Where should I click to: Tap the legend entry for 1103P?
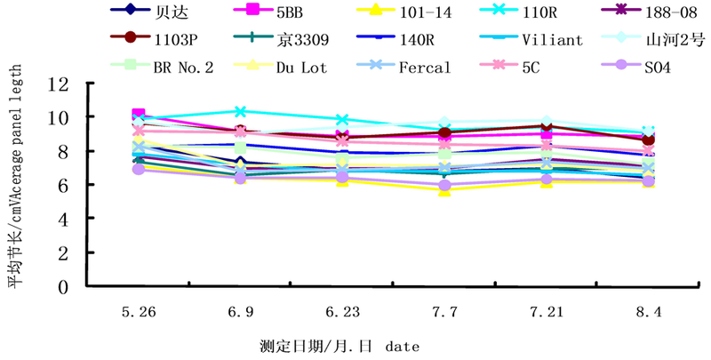[175, 39]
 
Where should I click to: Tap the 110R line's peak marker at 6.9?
[240, 111]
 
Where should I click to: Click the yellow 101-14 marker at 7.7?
[443, 189]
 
